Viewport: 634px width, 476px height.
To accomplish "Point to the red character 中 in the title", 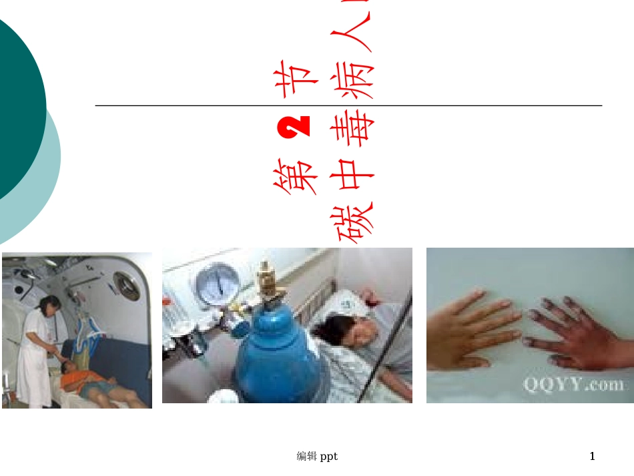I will point(352,176).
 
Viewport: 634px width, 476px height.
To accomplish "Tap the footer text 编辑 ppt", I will point(317,457).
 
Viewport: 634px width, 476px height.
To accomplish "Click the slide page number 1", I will point(592,457).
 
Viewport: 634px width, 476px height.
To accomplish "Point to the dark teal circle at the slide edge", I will point(17,107).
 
